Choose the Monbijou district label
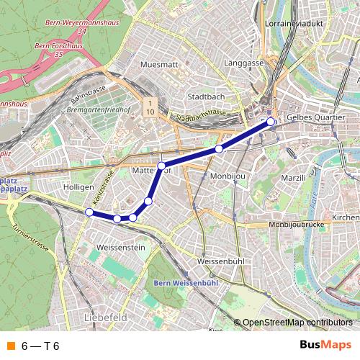coord(229,176)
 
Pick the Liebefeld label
coord(105,317)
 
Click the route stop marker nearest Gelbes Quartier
coord(271,122)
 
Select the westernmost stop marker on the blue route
coord(89,212)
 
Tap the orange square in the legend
coord(9,346)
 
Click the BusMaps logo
coord(325,345)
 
